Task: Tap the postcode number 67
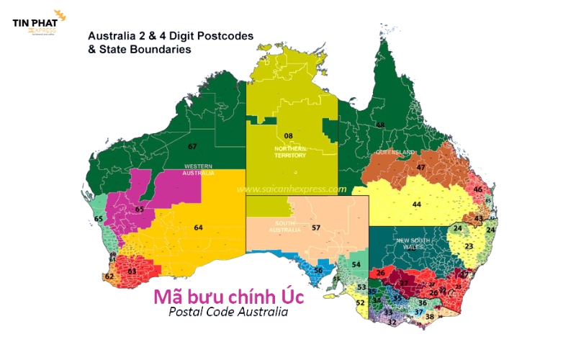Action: tap(192, 147)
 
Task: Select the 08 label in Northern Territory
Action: tap(288, 135)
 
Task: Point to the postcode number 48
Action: tap(380, 125)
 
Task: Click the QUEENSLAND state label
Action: tap(395, 153)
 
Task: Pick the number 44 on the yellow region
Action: tap(416, 204)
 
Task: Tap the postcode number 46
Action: tap(478, 189)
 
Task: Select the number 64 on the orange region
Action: tap(199, 228)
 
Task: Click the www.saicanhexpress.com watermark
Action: tap(292, 189)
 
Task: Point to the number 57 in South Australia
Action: tap(315, 228)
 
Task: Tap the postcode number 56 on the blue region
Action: tap(318, 270)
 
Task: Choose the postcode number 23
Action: tap(469, 246)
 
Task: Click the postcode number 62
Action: tap(109, 276)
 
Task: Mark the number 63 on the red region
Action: tap(132, 271)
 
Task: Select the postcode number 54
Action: tap(356, 265)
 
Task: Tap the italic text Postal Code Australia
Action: tap(228, 312)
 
